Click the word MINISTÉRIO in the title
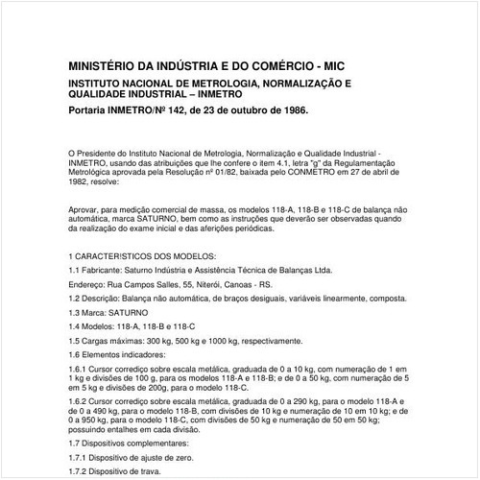[104, 67]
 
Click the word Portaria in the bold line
[93, 110]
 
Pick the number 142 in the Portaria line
[189, 110]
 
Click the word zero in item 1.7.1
[189, 459]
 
